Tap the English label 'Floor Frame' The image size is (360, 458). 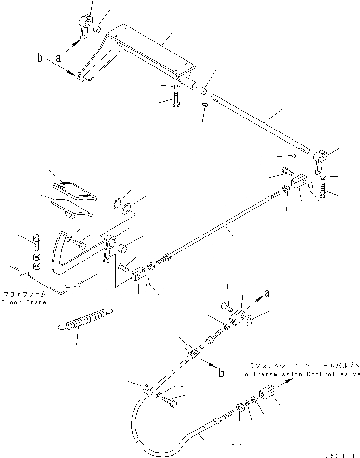click(x=24, y=302)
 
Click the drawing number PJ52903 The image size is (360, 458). click(x=339, y=455)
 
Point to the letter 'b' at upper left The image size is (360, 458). click(x=40, y=58)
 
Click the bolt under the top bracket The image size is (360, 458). click(x=175, y=101)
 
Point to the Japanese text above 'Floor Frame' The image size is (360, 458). click(x=24, y=293)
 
